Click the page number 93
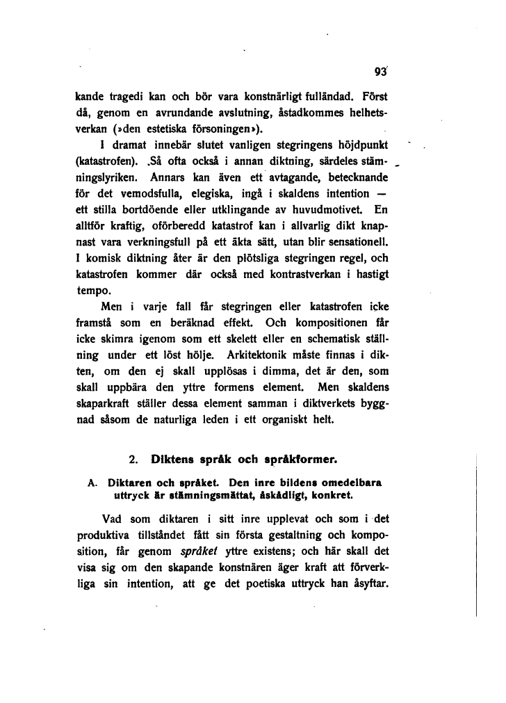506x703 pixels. point(379,70)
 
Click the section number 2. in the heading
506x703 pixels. point(134,460)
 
